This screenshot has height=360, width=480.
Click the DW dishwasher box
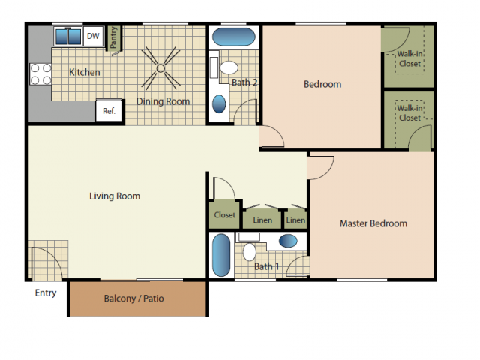pyautogui.click(x=93, y=36)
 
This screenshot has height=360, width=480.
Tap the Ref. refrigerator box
pyautogui.click(x=109, y=111)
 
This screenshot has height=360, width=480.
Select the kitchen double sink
pyautogui.click(x=68, y=37)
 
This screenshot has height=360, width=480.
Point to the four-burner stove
pyautogui.click(x=40, y=73)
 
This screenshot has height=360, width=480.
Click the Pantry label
pyautogui.click(x=113, y=37)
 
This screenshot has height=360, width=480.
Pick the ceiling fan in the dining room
pyautogui.click(x=160, y=68)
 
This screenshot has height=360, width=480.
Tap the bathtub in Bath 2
pyautogui.click(x=233, y=37)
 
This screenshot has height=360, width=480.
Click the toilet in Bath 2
pyautogui.click(x=229, y=67)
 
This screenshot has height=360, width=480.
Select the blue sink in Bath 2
pyautogui.click(x=219, y=103)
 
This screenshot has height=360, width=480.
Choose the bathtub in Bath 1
pyautogui.click(x=221, y=255)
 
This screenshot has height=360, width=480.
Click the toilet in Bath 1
pyautogui.click(x=250, y=252)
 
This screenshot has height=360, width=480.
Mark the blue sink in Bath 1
pyautogui.click(x=288, y=241)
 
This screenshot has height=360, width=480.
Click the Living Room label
pyautogui.click(x=115, y=196)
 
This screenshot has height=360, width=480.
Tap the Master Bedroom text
pyautogui.click(x=373, y=223)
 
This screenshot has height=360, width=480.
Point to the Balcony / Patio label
pyautogui.click(x=133, y=298)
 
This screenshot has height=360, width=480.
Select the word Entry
pyautogui.click(x=46, y=293)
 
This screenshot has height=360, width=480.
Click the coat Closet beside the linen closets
pyautogui.click(x=225, y=215)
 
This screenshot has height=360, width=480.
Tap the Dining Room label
pyautogui.click(x=163, y=101)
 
